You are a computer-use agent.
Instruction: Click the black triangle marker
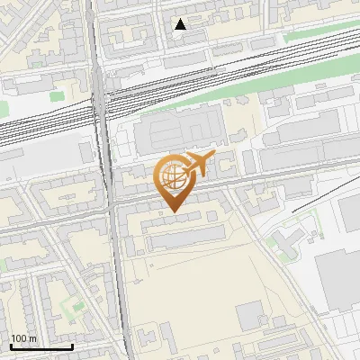coord(181,24)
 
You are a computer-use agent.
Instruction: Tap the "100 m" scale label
coord(23,338)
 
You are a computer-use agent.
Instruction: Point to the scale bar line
coord(41,346)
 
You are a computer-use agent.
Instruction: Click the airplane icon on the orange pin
coord(199,164)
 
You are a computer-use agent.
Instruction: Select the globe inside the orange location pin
coord(171,175)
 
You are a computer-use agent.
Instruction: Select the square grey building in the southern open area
coord(249,315)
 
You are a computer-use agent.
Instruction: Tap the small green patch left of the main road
coord(57,94)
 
